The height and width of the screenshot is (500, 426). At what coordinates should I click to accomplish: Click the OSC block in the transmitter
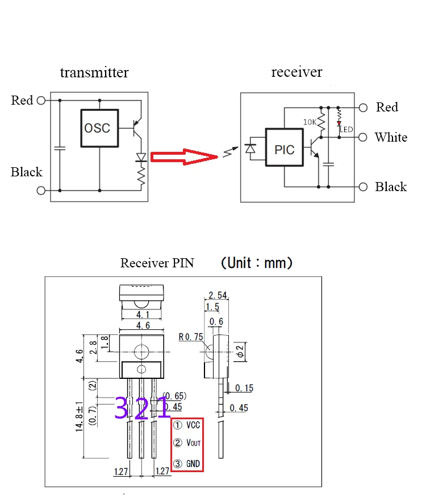pyautogui.click(x=99, y=128)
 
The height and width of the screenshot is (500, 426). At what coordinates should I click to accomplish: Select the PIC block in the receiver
pyautogui.click(x=285, y=147)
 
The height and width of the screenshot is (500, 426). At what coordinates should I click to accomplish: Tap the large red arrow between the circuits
pyautogui.click(x=184, y=157)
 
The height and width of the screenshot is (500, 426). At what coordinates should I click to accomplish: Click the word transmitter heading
pyautogui.click(x=94, y=72)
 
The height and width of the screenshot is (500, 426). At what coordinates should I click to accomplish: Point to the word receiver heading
pyautogui.click(x=296, y=72)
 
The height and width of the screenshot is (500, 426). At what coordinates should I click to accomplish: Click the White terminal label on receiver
pyautogui.click(x=391, y=137)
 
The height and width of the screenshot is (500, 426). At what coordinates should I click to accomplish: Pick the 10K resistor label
pyautogui.click(x=310, y=122)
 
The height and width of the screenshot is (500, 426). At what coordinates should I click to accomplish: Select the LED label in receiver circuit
pyautogui.click(x=346, y=130)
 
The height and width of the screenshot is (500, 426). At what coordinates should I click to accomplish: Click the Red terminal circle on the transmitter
pyautogui.click(x=41, y=101)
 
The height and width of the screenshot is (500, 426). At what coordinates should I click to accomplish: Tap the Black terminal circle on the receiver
pyautogui.click(x=363, y=187)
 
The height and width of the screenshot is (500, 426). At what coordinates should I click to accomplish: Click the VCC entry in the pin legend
pyautogui.click(x=186, y=425)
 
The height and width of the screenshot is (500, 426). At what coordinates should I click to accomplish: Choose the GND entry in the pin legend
pyautogui.click(x=186, y=464)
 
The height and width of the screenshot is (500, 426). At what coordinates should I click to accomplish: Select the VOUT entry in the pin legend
pyautogui.click(x=187, y=443)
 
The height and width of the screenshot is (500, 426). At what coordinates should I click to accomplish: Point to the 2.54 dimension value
pyautogui.click(x=218, y=295)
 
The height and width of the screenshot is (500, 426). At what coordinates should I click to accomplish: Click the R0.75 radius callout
pyautogui.click(x=191, y=337)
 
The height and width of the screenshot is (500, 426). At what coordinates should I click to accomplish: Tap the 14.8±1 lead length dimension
pyautogui.click(x=79, y=417)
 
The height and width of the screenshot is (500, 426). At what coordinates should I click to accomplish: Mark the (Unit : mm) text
pyautogui.click(x=257, y=263)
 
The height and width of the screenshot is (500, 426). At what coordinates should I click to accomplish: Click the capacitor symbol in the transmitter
pyautogui.click(x=60, y=148)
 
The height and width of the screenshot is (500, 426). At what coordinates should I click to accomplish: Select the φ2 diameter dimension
pyautogui.click(x=241, y=351)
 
